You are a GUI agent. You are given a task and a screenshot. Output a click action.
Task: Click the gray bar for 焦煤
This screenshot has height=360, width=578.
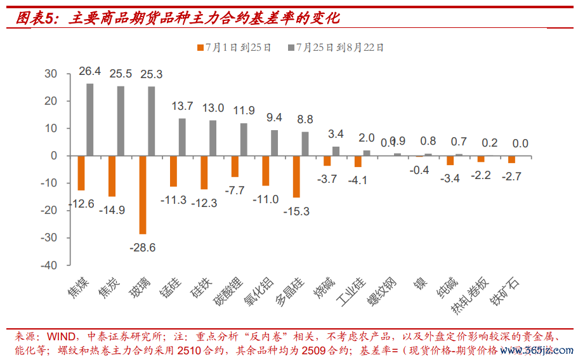coord(90,119)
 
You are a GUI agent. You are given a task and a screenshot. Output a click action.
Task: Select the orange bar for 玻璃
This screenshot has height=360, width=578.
coord(143,194)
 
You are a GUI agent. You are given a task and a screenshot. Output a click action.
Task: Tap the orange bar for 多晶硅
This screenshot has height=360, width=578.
coord(296,177)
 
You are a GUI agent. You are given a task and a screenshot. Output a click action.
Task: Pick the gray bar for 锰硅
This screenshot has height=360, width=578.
coord(182,137)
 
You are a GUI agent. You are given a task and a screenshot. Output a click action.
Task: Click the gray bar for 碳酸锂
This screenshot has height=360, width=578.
coord(244,139)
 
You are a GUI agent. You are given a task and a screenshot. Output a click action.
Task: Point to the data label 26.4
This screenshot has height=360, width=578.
coord(90,72)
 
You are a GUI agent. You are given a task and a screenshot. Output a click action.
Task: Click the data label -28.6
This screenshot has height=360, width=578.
coord(143,248)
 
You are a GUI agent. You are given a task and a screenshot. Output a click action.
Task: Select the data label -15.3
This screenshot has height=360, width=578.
coord(296,211)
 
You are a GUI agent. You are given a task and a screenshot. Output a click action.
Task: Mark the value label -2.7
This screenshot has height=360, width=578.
coord(511,176)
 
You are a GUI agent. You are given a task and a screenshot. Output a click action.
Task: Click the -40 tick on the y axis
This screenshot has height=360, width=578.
coord(49,265)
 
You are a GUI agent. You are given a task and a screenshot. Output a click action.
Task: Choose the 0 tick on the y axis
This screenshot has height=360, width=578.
coord(54,156)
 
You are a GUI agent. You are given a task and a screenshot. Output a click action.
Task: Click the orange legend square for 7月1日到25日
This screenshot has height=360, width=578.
coord(200,48)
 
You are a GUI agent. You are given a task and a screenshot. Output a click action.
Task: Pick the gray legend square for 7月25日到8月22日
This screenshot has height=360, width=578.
coord(291,48)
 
